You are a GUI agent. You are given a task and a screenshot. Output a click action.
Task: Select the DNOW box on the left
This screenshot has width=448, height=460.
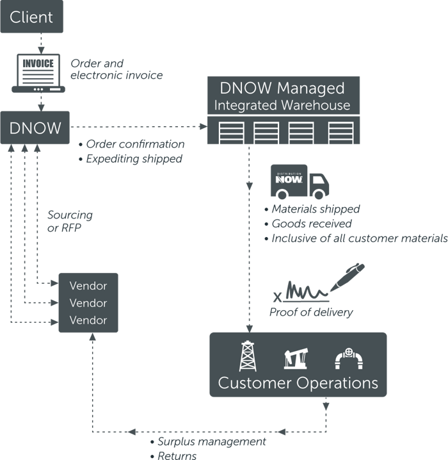pos(35,127)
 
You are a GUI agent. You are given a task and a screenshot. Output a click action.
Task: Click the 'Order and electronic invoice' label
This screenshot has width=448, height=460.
pos(116,69)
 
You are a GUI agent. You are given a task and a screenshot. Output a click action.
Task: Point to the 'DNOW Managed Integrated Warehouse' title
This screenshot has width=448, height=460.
pos(282,96)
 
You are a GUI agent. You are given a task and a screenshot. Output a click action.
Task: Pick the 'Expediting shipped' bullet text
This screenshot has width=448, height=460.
pos(134,158)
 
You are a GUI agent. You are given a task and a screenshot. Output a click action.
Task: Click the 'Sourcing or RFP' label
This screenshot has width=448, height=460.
pos(70,221)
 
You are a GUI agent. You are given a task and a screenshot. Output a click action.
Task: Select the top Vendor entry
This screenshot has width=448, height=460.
pos(88,286)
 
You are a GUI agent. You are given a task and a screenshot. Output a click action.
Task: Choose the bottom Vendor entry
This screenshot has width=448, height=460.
pos(88,320)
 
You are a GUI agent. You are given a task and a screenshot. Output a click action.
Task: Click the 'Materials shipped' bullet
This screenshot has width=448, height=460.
pos(315,209)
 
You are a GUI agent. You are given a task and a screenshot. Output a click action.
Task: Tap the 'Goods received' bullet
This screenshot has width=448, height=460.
pos(311,224)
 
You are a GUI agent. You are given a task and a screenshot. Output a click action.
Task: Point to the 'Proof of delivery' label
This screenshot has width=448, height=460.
pos(311,313)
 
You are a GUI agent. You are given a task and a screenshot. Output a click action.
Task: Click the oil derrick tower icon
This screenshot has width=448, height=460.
pos(248,356)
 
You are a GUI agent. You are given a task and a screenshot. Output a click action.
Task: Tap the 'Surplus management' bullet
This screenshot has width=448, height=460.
pos(211,441)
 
